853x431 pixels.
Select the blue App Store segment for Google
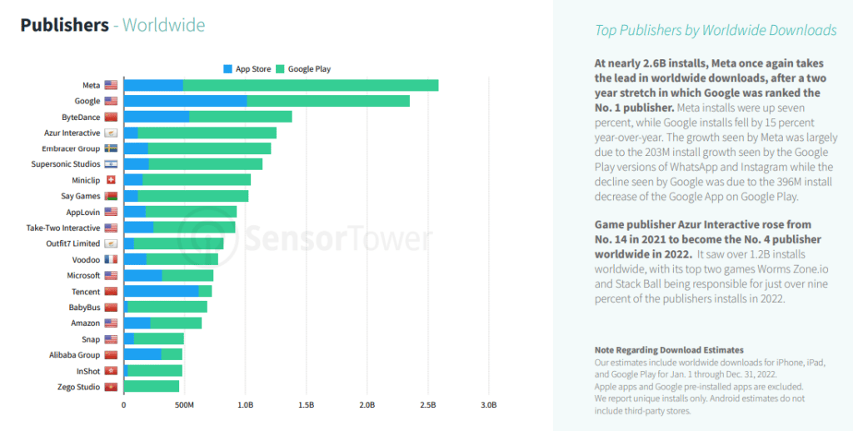185,101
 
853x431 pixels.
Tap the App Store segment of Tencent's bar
162,291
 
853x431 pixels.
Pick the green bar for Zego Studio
152,387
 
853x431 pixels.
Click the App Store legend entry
247,69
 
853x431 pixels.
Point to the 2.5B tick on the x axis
427,405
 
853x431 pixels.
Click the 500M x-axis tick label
184,405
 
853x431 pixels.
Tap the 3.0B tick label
488,405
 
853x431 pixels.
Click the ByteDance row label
81,117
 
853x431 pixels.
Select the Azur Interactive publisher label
72,133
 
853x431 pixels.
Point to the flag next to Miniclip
111,180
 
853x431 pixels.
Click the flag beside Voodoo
111,259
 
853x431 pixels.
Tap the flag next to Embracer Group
111,148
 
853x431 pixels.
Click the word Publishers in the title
64,25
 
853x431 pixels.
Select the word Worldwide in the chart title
164,25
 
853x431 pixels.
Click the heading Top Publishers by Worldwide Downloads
715,31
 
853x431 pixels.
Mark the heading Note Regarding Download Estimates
669,350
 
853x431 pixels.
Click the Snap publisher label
91,339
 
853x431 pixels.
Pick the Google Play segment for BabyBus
167,308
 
